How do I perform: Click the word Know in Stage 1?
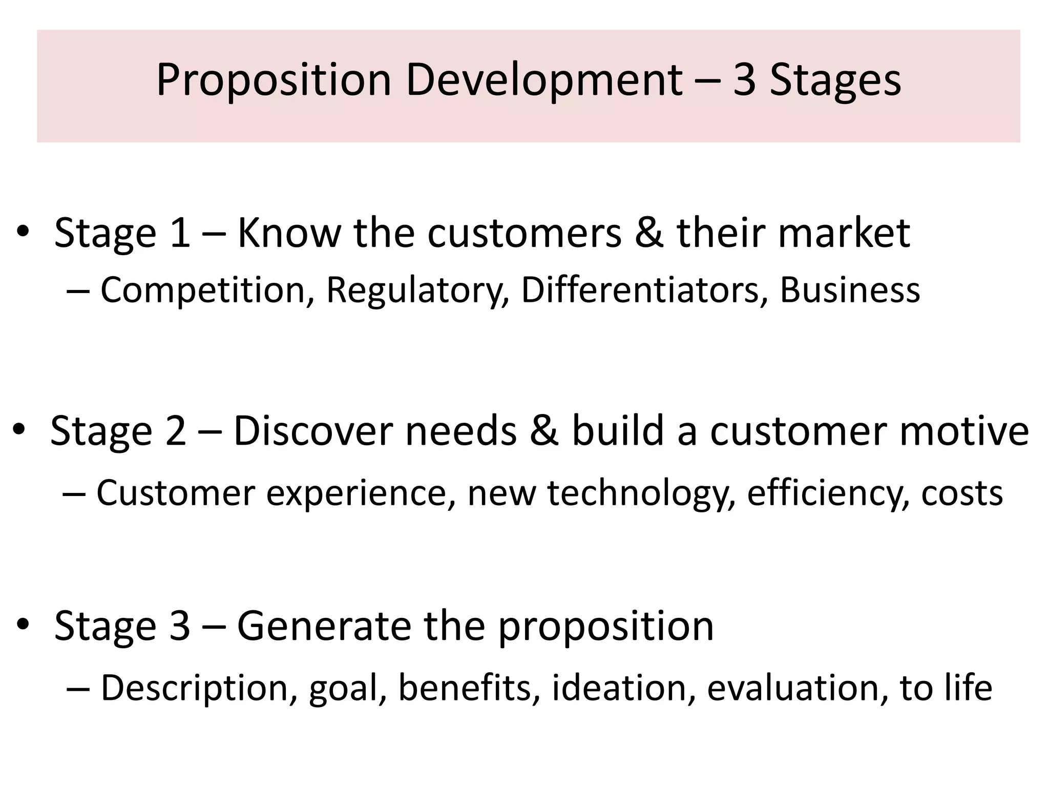[289, 233]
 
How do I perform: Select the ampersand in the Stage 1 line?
[649, 233]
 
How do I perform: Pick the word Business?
[850, 291]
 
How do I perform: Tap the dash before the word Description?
[77, 689]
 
